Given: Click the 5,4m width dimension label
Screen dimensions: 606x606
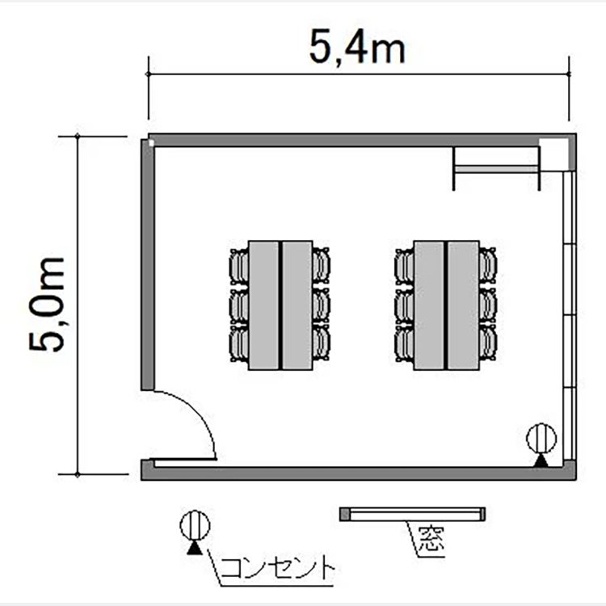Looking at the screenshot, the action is (357, 48).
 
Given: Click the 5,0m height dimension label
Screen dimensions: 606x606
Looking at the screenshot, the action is (47, 304).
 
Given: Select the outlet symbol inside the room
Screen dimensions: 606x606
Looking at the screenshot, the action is (541, 444).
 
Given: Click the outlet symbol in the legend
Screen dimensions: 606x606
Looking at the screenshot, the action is (195, 532).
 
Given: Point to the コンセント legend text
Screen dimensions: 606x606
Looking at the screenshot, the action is (276, 569).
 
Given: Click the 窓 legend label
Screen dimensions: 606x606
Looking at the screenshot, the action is (431, 538).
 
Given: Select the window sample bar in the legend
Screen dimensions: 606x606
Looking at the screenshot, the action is (412, 514).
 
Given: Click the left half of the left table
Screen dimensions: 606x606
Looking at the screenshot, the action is (263, 305).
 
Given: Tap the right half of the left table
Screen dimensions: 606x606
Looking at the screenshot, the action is (297, 305).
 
